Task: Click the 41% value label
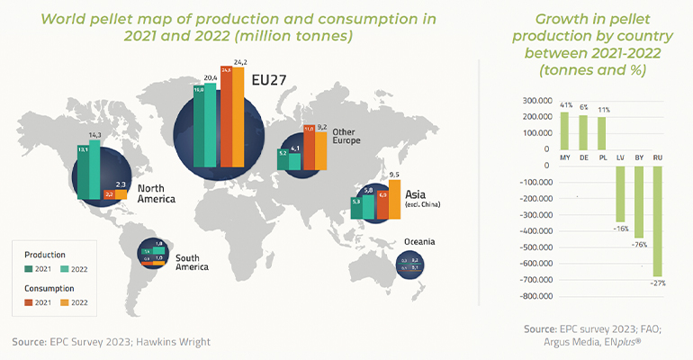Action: [565, 105]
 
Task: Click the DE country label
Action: [584, 157]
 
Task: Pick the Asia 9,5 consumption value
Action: [392, 175]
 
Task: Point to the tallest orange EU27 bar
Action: [238, 117]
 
